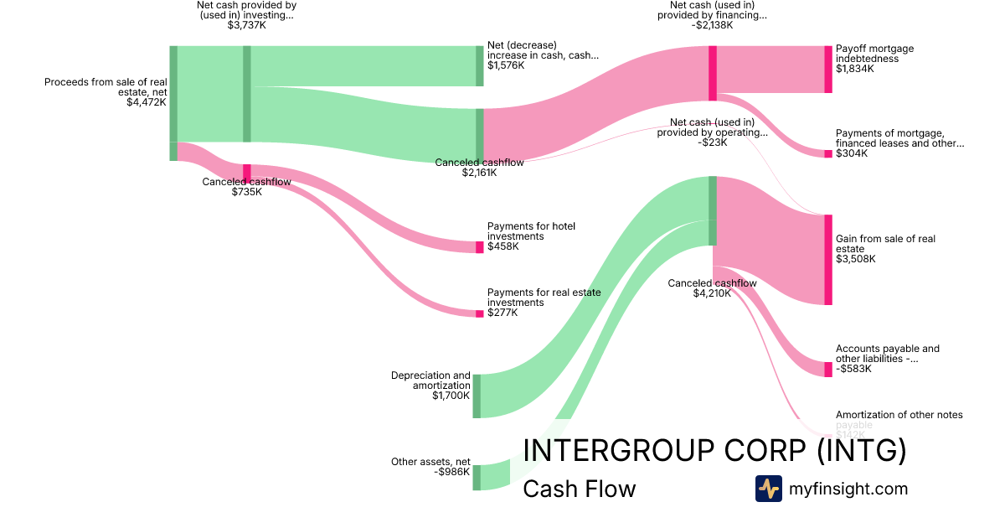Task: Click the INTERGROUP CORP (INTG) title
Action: click(x=714, y=451)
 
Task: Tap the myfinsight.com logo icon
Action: click(x=768, y=489)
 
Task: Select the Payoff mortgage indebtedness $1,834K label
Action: click(x=874, y=59)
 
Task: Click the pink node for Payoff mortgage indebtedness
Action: click(x=828, y=70)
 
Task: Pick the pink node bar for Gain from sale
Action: click(x=828, y=260)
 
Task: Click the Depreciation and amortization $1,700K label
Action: click(x=430, y=386)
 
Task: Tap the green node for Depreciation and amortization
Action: click(x=477, y=396)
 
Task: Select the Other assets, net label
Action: click(x=430, y=467)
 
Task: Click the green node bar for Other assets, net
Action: click(x=477, y=477)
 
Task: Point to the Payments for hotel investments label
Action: click(x=531, y=236)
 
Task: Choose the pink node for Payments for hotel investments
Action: click(x=480, y=246)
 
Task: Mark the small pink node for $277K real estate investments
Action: click(x=480, y=313)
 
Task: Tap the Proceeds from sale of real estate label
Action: click(x=106, y=92)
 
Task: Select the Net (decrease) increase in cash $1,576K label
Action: click(x=543, y=54)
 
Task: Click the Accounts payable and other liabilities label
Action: click(x=887, y=358)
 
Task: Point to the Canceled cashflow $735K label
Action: click(x=246, y=186)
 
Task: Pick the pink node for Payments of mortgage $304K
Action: click(x=828, y=153)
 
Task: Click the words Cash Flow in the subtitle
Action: click(x=579, y=489)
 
